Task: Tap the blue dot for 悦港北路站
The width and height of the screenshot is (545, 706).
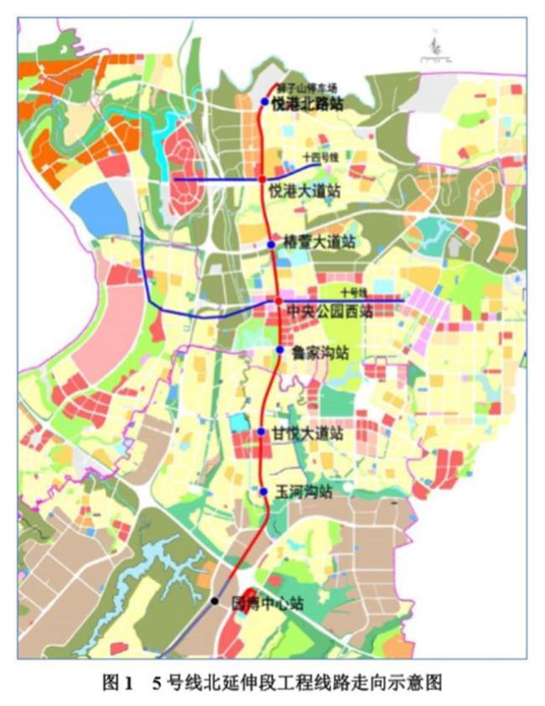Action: (x=264, y=102)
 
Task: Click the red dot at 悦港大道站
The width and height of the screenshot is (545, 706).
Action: (x=262, y=179)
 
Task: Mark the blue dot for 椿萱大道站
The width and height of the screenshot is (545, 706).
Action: (x=272, y=244)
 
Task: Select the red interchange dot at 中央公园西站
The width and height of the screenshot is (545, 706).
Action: (x=278, y=301)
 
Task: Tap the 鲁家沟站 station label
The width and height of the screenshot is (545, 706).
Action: (x=319, y=353)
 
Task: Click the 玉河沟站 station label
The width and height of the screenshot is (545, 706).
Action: (x=304, y=492)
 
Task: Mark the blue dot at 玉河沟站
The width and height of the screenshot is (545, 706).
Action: (x=263, y=492)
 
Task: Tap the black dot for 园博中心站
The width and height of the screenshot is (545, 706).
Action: (x=215, y=601)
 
